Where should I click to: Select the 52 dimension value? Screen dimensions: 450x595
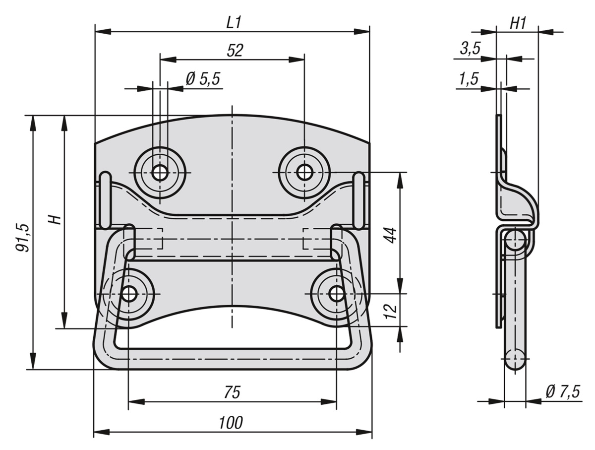(235, 50)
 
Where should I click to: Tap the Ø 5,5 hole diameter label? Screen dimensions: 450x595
(202, 79)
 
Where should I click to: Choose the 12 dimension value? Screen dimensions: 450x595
(391, 310)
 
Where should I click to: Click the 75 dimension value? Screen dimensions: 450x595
(232, 392)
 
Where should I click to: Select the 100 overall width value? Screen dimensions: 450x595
(231, 423)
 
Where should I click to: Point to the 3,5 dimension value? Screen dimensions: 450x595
(471, 49)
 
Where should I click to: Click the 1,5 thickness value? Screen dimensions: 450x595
(469, 78)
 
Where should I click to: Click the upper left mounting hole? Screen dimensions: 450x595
(160, 173)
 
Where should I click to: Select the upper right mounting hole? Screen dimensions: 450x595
(304, 173)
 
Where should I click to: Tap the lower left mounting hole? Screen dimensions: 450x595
(129, 294)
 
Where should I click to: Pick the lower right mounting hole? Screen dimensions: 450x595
(336, 294)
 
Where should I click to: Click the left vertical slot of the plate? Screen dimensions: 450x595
(106, 200)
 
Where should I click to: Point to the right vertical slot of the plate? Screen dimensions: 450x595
(359, 200)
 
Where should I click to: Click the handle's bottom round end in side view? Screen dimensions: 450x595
(515, 358)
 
